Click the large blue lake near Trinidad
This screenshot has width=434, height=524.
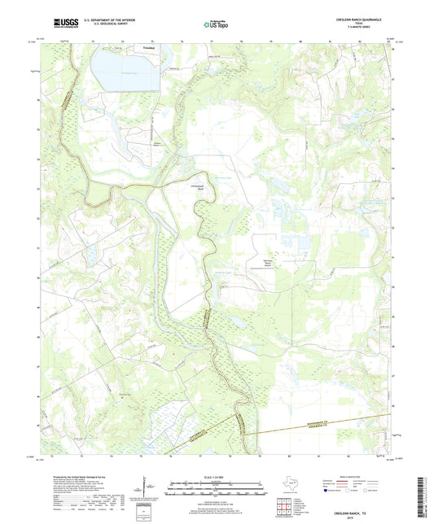click(118, 70)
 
